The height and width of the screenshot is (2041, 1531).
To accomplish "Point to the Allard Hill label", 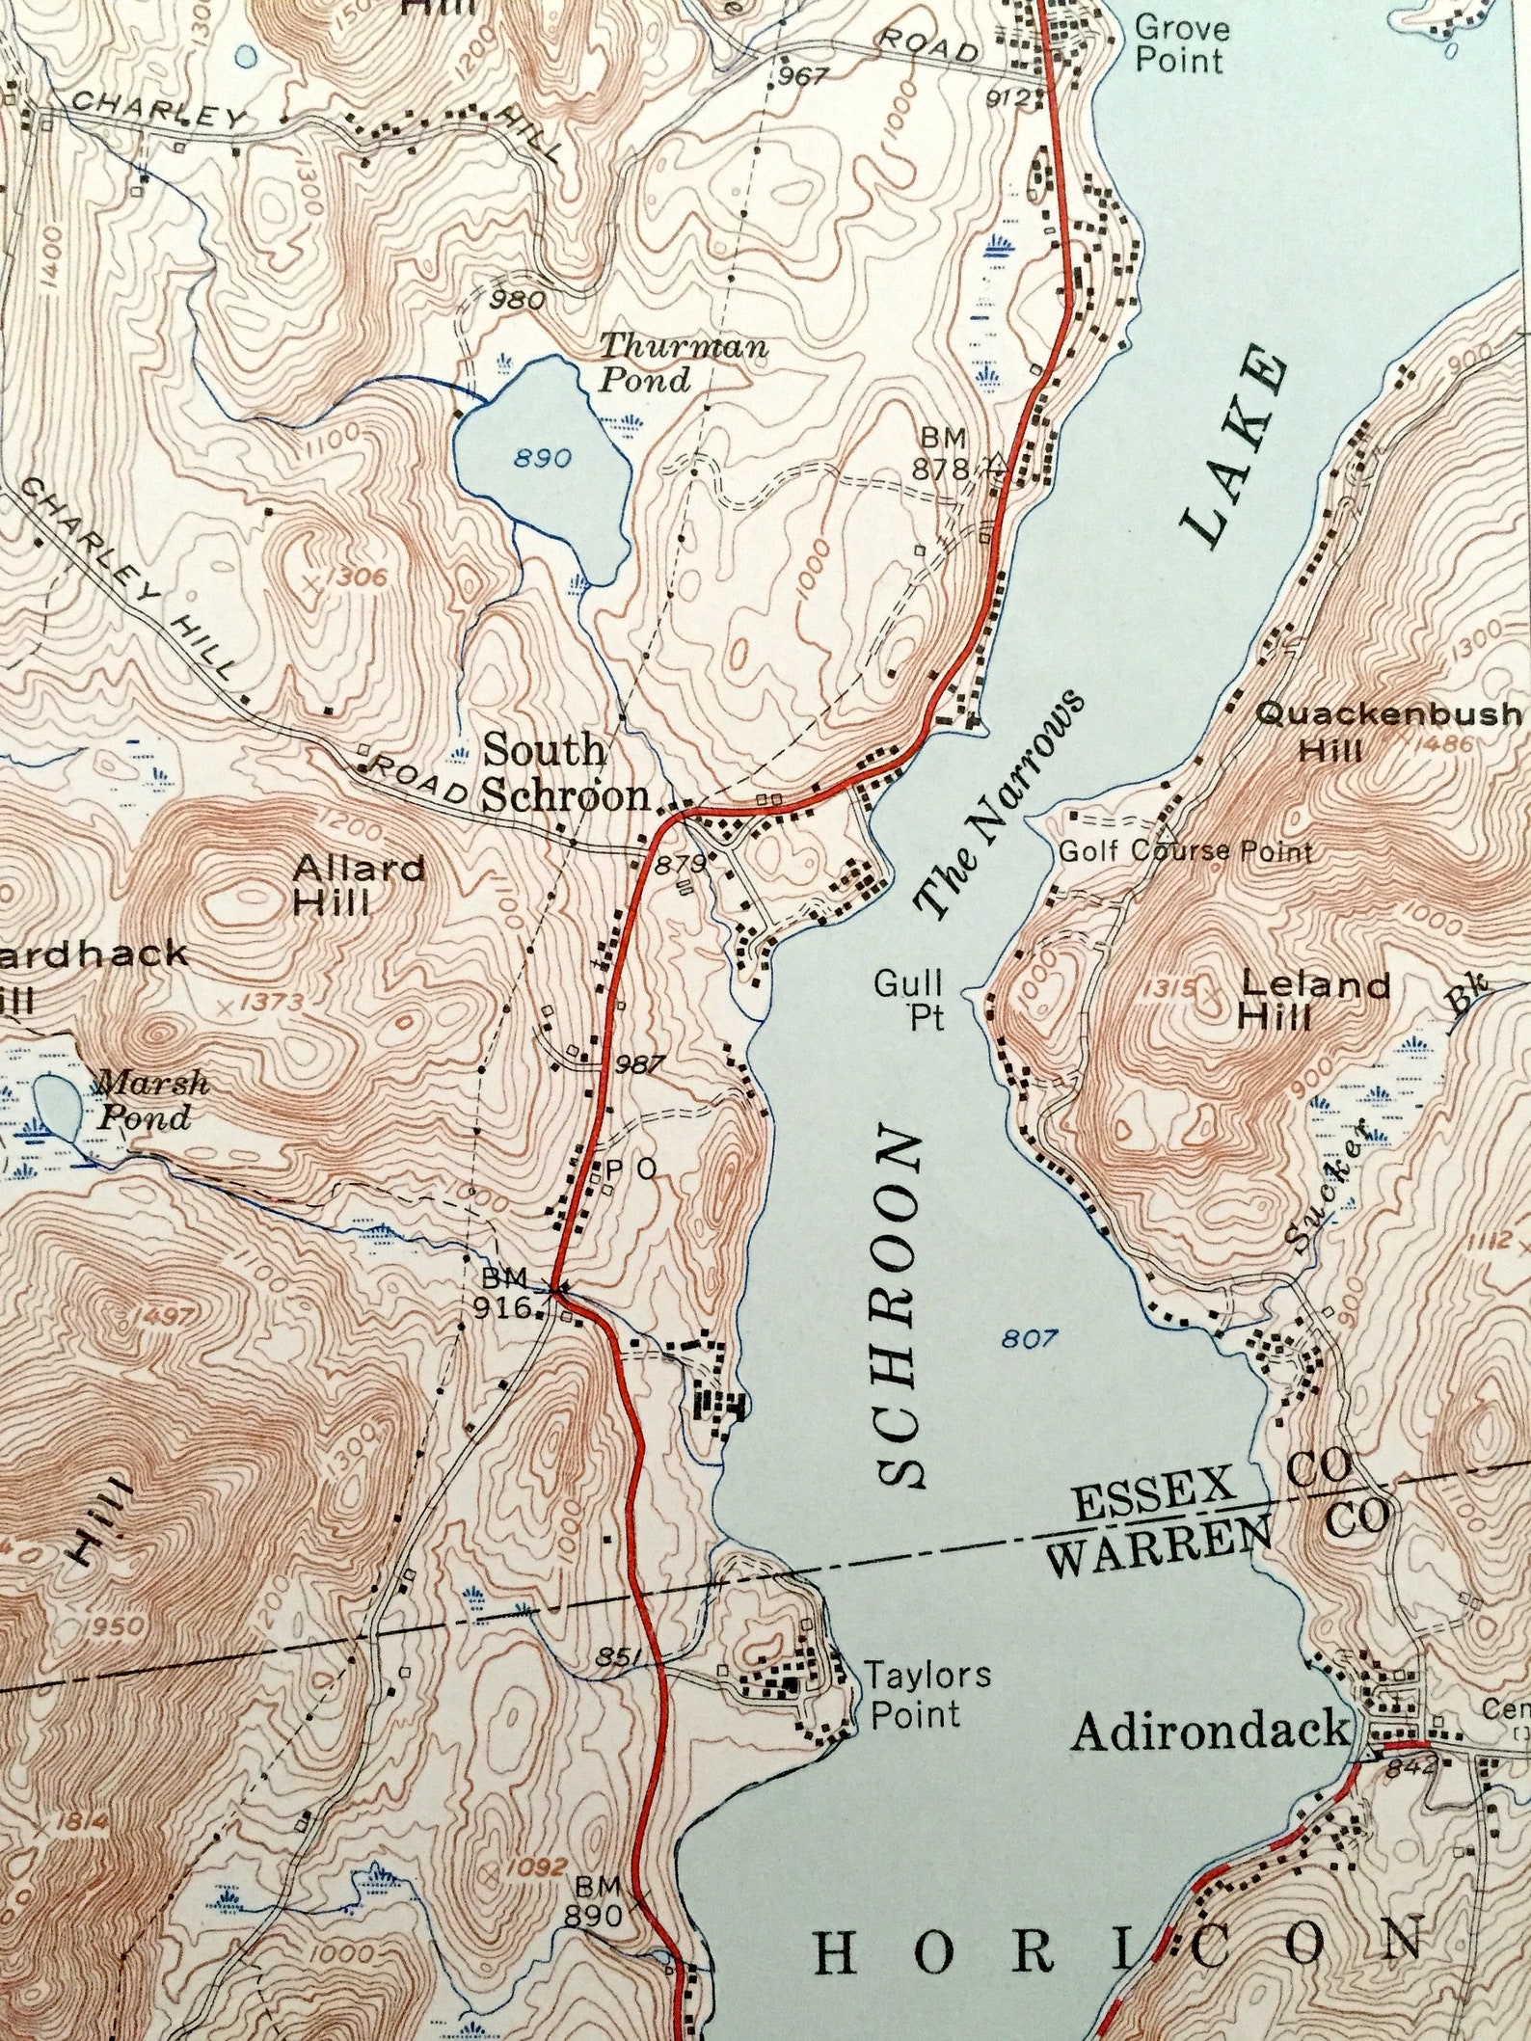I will coord(358,885).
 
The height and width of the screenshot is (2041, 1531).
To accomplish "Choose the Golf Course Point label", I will coord(1185,851).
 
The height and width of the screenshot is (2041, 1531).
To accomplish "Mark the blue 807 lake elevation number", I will coord(1029,1338).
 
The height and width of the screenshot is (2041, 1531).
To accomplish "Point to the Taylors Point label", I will coord(926,1694).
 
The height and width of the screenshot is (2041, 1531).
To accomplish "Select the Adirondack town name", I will coord(1210,1731).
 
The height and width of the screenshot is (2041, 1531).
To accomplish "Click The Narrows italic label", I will coord(1000,803).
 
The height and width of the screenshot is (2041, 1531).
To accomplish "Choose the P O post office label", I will coord(631,1168).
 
